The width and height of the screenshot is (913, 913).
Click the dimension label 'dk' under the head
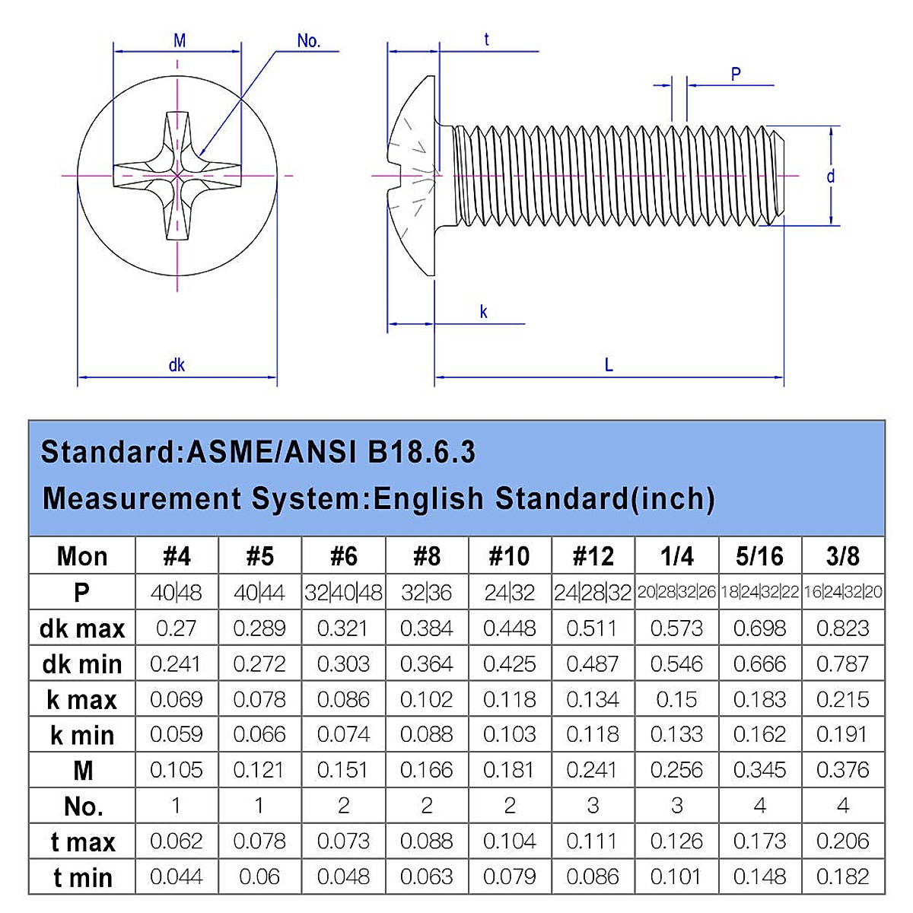click(x=177, y=365)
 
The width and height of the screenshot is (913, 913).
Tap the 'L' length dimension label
click(x=609, y=365)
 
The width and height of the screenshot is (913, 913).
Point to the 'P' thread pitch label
click(x=736, y=74)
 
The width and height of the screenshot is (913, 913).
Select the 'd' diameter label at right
click(x=831, y=177)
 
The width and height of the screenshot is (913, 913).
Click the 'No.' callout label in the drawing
click(x=308, y=41)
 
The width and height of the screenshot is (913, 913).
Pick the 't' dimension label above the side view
click(x=487, y=40)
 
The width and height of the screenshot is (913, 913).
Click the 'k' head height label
click(x=483, y=312)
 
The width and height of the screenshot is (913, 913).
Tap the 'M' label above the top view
click(x=180, y=41)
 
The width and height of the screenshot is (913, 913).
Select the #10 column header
click(x=509, y=556)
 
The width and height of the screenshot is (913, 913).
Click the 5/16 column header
click(x=759, y=556)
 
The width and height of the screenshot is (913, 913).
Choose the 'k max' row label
click(x=81, y=699)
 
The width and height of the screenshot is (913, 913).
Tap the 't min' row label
click(x=81, y=877)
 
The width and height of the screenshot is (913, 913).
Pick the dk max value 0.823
click(x=842, y=628)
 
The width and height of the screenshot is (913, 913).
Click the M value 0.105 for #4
click(x=177, y=770)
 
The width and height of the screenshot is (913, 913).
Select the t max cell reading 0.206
click(x=842, y=841)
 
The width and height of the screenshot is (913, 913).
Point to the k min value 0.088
click(x=426, y=735)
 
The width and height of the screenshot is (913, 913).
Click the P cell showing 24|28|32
click(x=593, y=593)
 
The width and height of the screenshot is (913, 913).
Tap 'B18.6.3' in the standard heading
click(x=422, y=452)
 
